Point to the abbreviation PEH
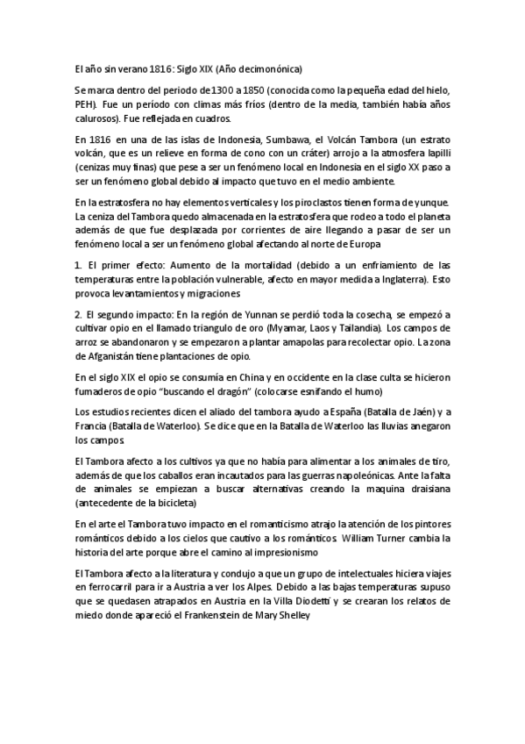87,104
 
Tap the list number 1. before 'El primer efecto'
78,265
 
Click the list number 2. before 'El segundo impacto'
78,313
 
